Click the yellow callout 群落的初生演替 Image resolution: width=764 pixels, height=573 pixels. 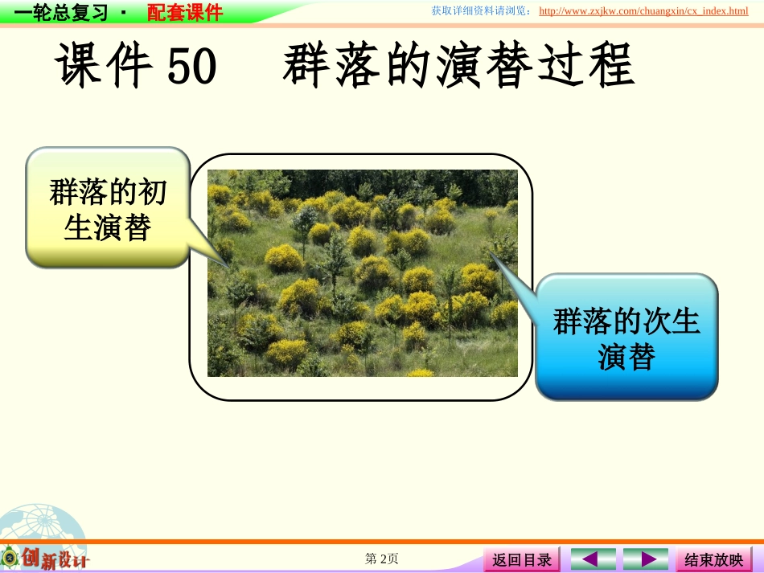click(x=108, y=207)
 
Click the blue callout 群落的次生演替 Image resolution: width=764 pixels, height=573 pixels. click(x=626, y=338)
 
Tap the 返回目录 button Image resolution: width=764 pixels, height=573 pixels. click(x=522, y=559)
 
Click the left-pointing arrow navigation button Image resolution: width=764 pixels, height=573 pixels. click(x=593, y=559)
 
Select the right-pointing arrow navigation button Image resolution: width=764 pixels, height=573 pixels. click(x=645, y=559)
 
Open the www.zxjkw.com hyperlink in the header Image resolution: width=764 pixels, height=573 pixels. click(x=643, y=11)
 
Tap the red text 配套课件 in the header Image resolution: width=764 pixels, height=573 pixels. click(x=185, y=12)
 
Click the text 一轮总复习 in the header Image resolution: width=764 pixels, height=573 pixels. click(x=60, y=12)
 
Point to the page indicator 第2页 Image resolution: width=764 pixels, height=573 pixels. click(x=382, y=559)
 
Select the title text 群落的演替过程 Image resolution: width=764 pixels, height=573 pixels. click(x=458, y=66)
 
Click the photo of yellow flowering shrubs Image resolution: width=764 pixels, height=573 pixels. click(x=363, y=273)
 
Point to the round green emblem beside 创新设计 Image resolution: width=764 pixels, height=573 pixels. click(x=10, y=557)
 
